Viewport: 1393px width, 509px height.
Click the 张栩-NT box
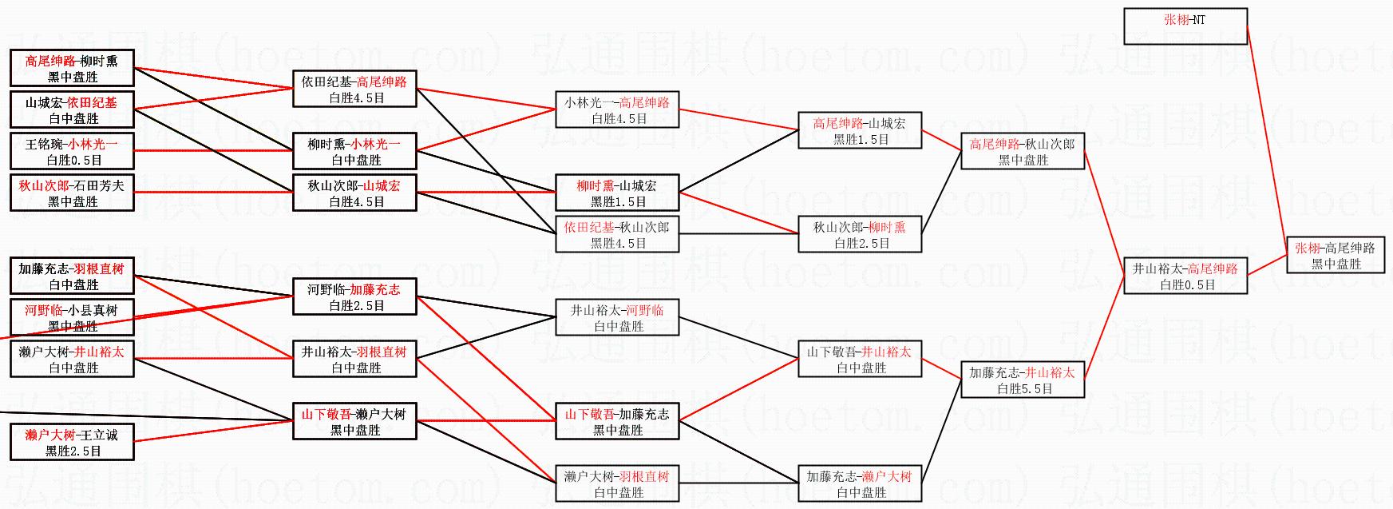tap(1185, 26)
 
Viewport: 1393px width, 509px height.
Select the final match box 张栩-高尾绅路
tap(1335, 256)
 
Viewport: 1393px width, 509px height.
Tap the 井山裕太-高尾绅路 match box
tap(1185, 276)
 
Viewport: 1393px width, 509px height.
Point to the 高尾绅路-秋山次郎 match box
tap(1022, 151)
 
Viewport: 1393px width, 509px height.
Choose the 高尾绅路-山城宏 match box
tap(859, 130)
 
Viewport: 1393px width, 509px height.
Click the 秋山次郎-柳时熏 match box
tap(859, 234)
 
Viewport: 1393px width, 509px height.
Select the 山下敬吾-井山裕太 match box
tap(859, 359)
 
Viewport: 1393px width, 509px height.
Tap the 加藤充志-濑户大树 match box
tap(859, 483)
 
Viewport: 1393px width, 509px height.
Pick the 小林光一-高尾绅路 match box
tap(616, 109)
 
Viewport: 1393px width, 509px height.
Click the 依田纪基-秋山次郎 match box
tap(616, 234)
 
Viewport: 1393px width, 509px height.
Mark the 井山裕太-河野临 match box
tap(616, 317)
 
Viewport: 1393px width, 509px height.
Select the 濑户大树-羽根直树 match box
tap(616, 483)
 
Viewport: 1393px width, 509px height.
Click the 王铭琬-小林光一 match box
tap(72, 151)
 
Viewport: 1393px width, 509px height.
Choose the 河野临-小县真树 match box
tap(72, 317)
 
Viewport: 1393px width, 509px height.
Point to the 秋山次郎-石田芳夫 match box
tap(72, 193)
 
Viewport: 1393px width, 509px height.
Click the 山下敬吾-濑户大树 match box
tap(354, 421)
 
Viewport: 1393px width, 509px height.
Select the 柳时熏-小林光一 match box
tap(354, 151)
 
